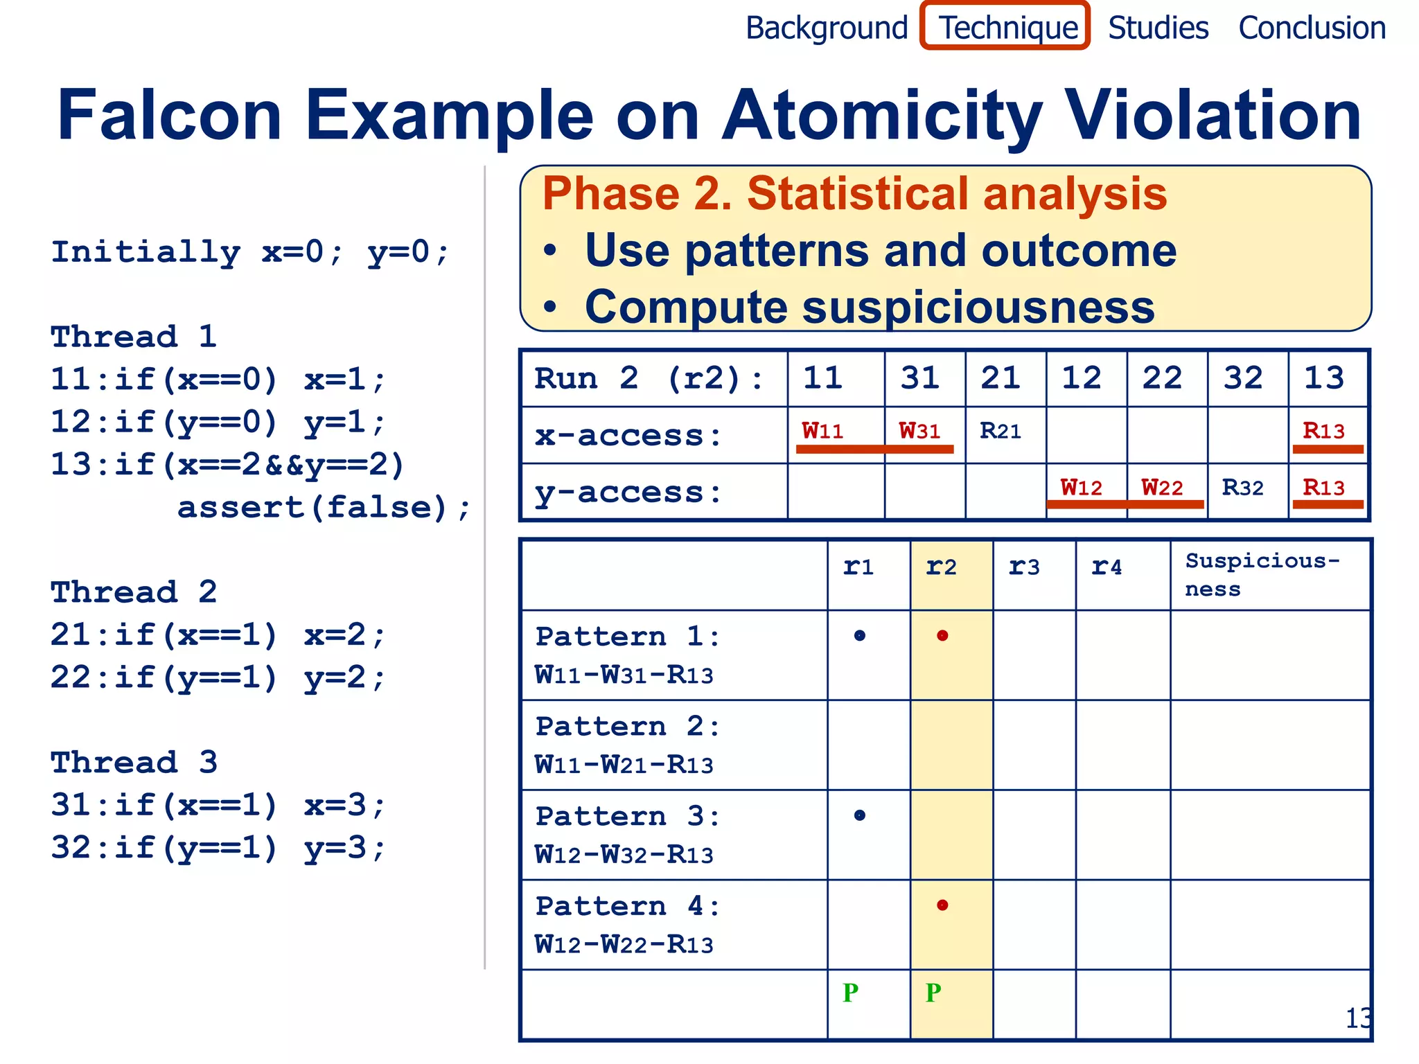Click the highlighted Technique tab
pos(1006,28)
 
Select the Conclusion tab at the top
pos(1312,28)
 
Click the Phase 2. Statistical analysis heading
pos(854,193)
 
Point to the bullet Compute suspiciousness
pos(869,307)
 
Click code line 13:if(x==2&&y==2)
pos(227,465)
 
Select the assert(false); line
pos(324,508)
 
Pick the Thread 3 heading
pos(134,763)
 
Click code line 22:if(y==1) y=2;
pos(218,677)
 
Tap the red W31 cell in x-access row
pos(919,432)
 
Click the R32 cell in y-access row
pos(1242,488)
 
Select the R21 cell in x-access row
pos(1001,432)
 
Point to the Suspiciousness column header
pos(1262,574)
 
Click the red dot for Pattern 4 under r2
pos(942,905)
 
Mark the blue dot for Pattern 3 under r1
pos(860,815)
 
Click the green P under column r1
pos(851,993)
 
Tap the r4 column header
pos(1107,568)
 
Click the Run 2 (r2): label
pos(649,379)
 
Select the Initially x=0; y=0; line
pos(250,252)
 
